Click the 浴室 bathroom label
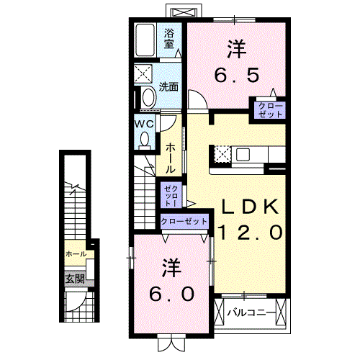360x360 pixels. (169, 37)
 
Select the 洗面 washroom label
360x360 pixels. (168, 87)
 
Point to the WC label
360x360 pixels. (145, 123)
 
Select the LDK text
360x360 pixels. (249, 207)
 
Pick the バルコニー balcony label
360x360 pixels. (250, 312)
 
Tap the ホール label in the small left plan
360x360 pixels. (76, 254)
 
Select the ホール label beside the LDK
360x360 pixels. (171, 156)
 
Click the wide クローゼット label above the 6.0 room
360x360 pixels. (184, 222)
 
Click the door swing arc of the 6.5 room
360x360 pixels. (197, 100)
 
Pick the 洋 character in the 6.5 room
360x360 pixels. (236, 49)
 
